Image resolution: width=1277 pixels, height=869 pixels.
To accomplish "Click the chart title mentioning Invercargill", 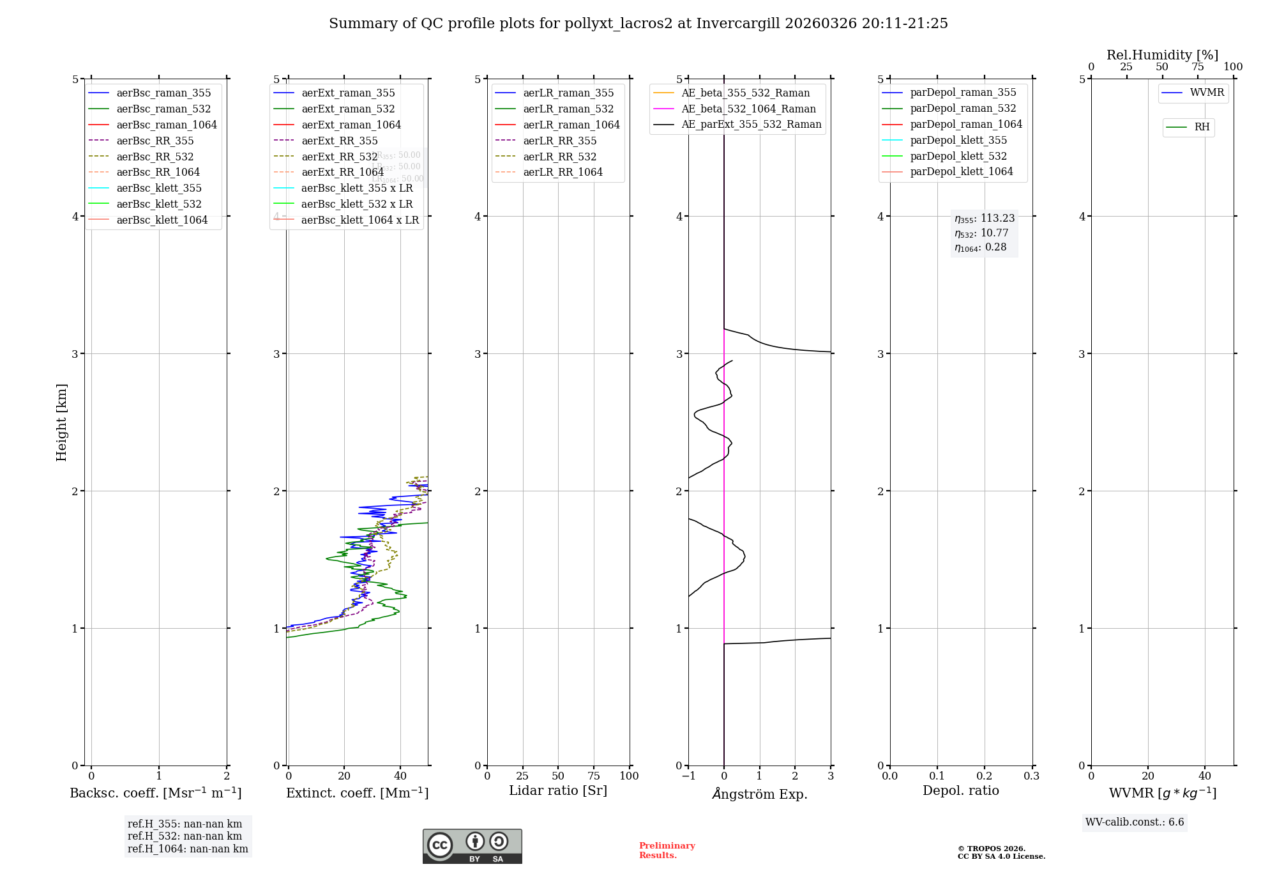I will (x=638, y=24).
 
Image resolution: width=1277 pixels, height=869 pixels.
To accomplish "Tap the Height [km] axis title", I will (x=61, y=422).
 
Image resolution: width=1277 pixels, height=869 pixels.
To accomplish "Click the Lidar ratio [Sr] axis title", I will (x=558, y=790).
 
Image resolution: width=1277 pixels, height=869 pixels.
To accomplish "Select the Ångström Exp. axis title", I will (x=760, y=794).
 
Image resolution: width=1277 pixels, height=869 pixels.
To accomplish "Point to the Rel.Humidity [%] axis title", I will (x=1162, y=55).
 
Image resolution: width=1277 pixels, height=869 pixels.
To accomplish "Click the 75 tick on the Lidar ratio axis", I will (x=594, y=776).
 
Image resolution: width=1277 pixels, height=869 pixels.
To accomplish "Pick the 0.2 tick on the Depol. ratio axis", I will (x=985, y=776).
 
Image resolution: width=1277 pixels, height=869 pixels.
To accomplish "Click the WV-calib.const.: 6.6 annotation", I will (x=1135, y=822).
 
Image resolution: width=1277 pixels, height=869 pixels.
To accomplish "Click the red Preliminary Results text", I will (x=667, y=850).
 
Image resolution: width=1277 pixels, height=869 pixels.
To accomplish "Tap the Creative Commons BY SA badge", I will (x=472, y=847).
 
